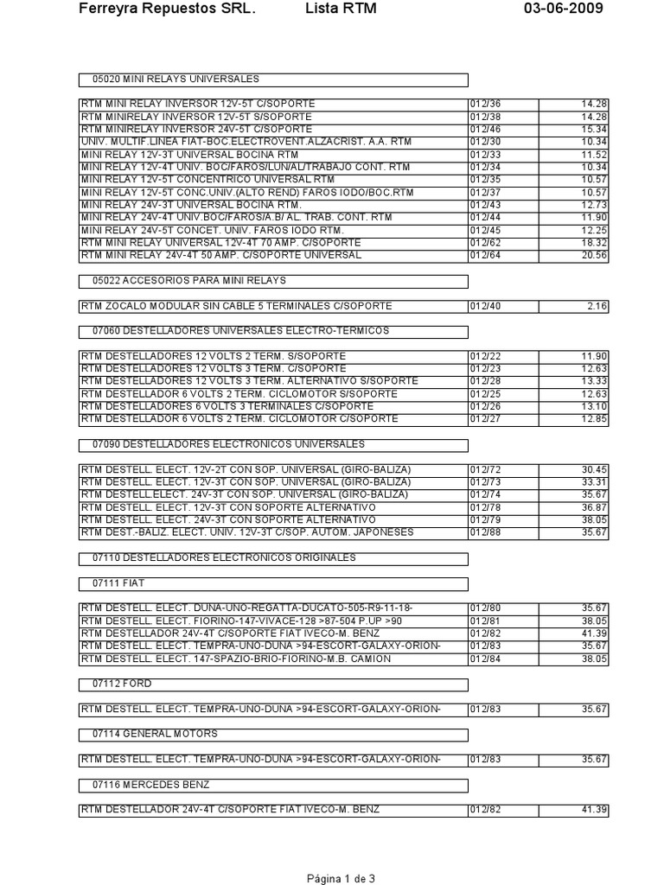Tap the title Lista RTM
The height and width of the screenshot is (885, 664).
coord(342,9)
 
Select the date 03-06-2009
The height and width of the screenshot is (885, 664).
coord(564,9)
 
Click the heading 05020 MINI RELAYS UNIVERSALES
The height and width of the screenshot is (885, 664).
coord(176,79)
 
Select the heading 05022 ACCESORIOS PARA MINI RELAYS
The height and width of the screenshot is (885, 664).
coord(189,281)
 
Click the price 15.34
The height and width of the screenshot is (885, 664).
coord(596,128)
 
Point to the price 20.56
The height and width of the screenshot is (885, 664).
coord(596,256)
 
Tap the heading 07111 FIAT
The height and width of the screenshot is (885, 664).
coord(119,583)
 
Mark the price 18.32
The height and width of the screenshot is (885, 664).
coord(596,244)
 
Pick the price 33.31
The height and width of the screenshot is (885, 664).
coord(596,482)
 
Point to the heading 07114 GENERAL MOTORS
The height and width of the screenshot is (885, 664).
coord(155,734)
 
